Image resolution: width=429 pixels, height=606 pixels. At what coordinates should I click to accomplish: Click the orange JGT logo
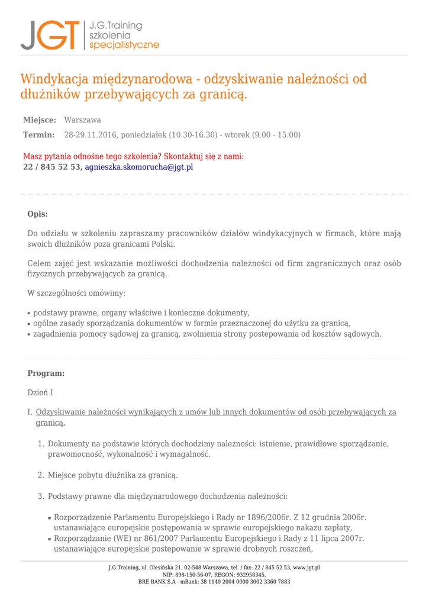pyautogui.click(x=50, y=35)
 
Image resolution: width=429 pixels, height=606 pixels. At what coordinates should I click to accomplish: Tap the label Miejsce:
pyautogui.click(x=40, y=120)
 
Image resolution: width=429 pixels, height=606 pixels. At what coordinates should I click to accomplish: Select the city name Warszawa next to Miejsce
pyautogui.click(x=82, y=120)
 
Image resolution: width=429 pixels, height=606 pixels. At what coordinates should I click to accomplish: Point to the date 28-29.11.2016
pyautogui.click(x=91, y=135)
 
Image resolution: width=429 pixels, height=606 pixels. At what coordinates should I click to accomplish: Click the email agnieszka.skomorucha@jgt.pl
pyautogui.click(x=139, y=167)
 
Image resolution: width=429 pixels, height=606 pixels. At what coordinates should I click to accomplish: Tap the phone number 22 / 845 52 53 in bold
pyautogui.click(x=51, y=167)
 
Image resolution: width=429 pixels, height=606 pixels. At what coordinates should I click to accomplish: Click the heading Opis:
pyautogui.click(x=38, y=214)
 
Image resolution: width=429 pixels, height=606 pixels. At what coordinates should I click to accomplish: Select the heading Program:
pyautogui.click(x=46, y=373)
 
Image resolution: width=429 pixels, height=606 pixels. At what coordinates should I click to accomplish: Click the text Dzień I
pyautogui.click(x=40, y=392)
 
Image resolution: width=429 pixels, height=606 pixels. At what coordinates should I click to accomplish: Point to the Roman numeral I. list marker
pyautogui.click(x=30, y=412)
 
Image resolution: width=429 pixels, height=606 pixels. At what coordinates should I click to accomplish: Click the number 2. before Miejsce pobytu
pyautogui.click(x=41, y=475)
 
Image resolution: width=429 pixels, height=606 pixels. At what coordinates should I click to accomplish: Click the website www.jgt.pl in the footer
pyautogui.click(x=307, y=568)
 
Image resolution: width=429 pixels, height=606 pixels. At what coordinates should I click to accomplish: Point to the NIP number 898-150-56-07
pyautogui.click(x=195, y=575)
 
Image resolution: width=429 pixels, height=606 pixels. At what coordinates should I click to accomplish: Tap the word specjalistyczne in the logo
pyautogui.click(x=124, y=45)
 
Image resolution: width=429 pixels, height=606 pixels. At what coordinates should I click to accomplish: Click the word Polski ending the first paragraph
pyautogui.click(x=163, y=244)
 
